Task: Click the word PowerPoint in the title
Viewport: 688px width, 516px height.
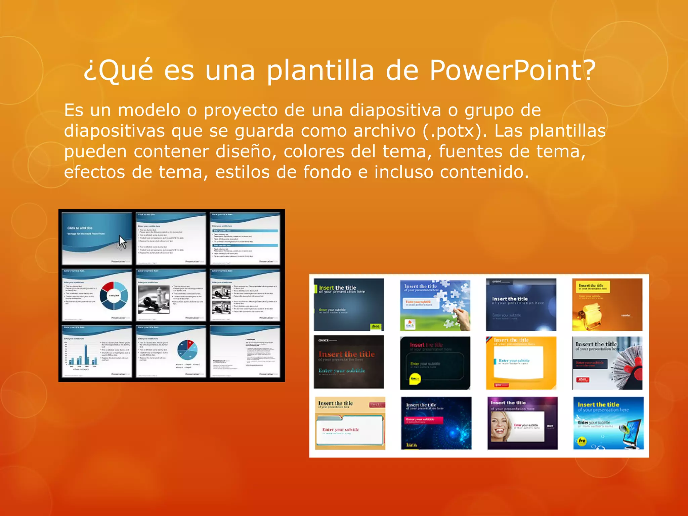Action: [512, 71]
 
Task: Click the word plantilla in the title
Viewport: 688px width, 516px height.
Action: [320, 71]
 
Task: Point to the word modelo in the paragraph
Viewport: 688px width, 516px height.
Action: [149, 110]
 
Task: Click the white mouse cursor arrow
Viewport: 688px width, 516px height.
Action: [122, 242]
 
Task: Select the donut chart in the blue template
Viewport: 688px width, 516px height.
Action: [114, 296]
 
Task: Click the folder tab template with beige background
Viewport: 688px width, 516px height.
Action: [349, 423]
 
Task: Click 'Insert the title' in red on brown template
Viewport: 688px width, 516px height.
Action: [346, 354]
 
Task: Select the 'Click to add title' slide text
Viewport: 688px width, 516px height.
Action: [80, 228]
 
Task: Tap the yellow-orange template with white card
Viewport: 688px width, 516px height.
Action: [521, 363]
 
